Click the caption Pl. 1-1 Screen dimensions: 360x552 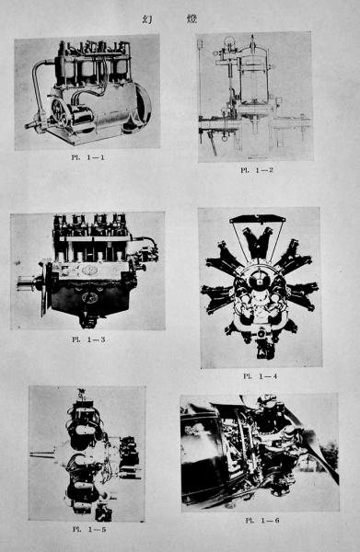88,157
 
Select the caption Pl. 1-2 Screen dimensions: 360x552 257,170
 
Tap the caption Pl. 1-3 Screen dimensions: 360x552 88,339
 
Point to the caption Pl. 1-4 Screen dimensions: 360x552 260,376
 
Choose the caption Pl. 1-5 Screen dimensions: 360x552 89,529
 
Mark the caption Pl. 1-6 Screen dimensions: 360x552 262,520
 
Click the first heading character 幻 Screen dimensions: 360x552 147,19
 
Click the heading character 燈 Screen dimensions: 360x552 192,19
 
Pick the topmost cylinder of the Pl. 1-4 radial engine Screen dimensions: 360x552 258,242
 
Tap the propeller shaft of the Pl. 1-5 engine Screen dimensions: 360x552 42,454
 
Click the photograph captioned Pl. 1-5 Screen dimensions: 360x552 87,453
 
